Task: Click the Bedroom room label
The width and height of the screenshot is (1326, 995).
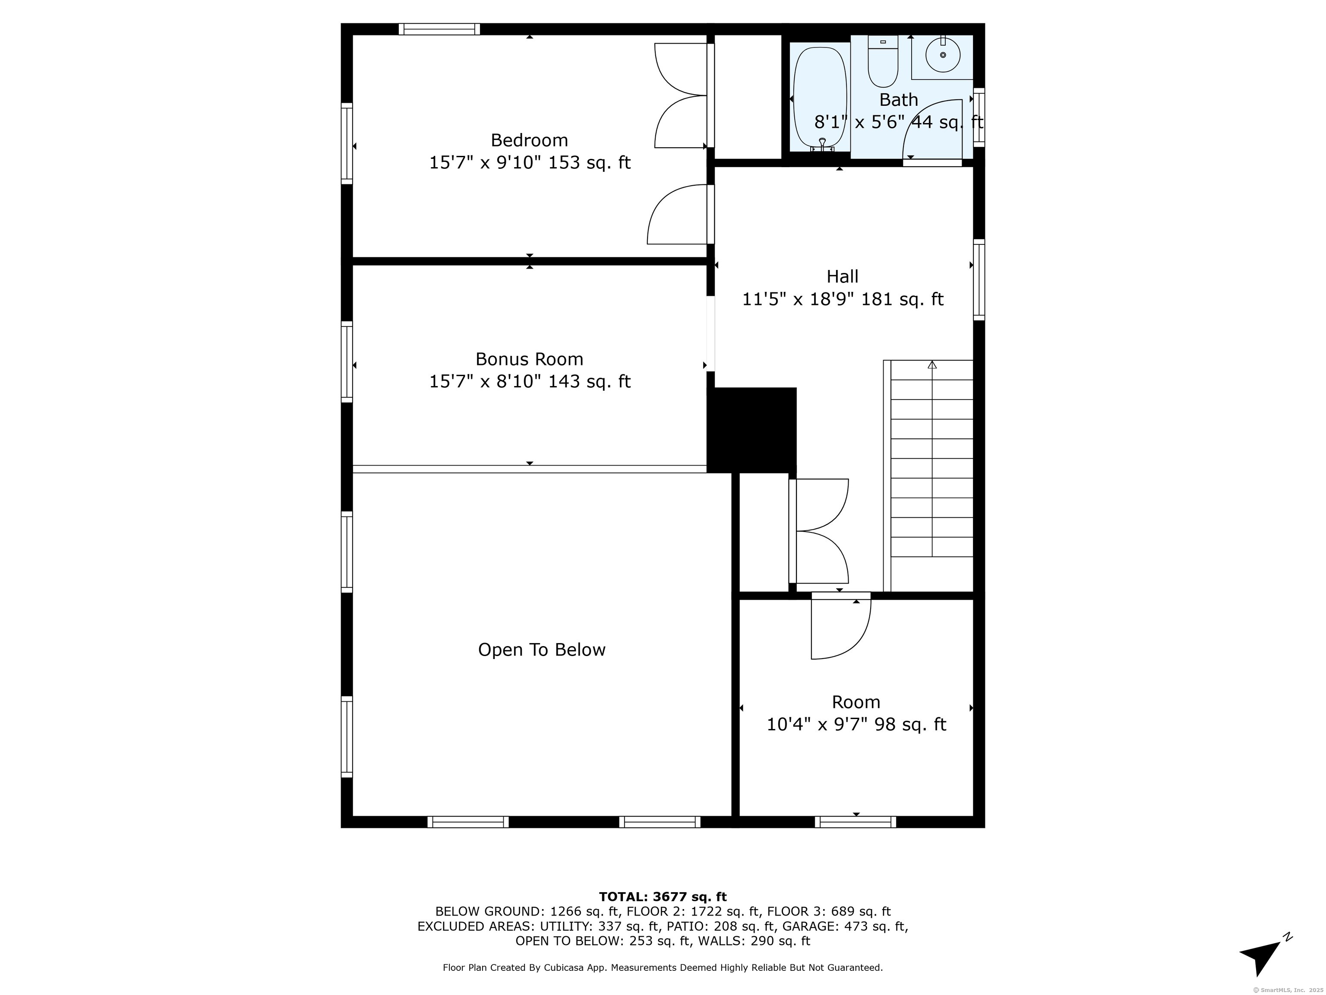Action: (x=529, y=140)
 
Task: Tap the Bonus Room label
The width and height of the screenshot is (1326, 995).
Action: (x=529, y=359)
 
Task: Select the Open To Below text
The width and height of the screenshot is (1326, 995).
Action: (x=542, y=650)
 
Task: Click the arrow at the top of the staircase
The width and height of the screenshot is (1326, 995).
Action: (x=932, y=364)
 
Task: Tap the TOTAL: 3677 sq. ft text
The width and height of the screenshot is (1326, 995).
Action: (x=663, y=897)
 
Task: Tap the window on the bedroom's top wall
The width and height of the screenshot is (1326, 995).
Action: (x=439, y=29)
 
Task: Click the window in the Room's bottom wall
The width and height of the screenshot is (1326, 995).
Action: (x=856, y=822)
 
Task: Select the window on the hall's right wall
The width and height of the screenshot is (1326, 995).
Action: (x=979, y=279)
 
